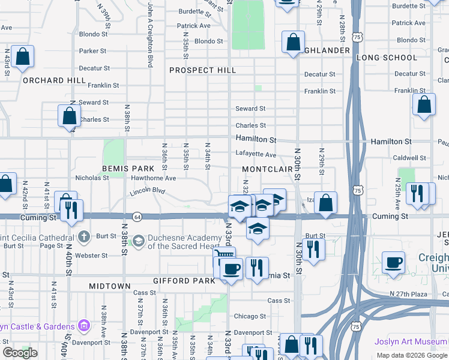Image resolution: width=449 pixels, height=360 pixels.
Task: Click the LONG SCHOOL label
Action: [x=387, y=58]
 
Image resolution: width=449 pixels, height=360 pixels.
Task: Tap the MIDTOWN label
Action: [x=110, y=286]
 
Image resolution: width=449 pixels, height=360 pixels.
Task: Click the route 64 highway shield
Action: [x=137, y=216]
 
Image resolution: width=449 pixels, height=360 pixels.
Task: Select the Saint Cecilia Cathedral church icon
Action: [x=84, y=236]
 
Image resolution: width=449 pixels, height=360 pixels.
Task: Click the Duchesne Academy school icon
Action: [x=139, y=241]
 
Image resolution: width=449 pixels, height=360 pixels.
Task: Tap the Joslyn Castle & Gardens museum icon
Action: [x=84, y=326]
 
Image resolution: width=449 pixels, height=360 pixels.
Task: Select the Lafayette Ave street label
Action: [x=256, y=154]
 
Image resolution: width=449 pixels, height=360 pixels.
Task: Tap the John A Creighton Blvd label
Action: [x=150, y=34]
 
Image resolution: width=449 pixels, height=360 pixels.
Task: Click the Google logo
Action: [x=20, y=353]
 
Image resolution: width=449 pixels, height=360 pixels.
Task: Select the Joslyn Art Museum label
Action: [x=411, y=341]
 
